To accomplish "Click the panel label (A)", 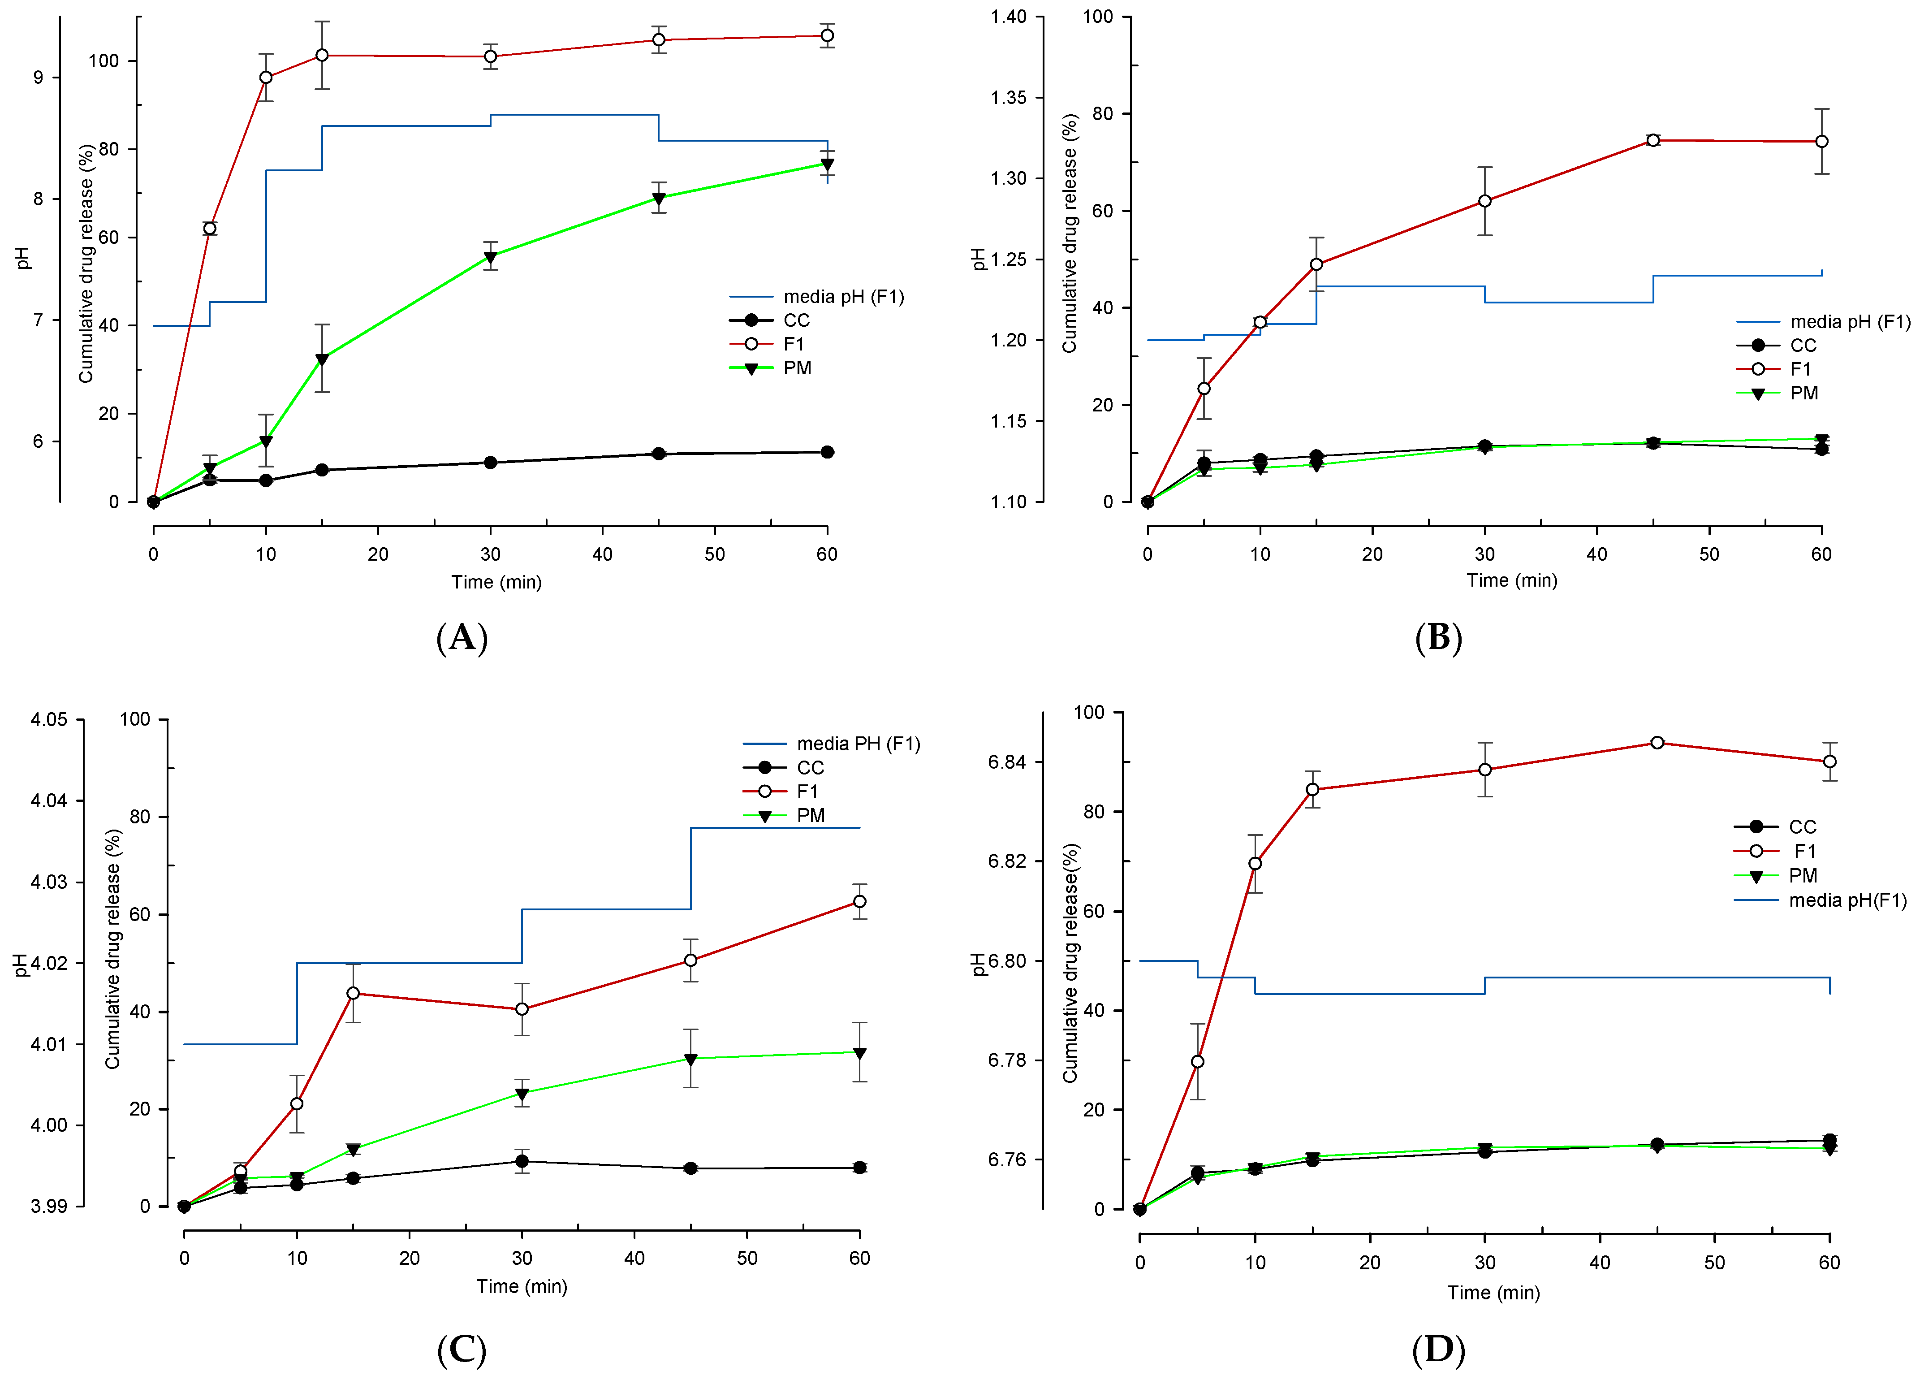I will (462, 637).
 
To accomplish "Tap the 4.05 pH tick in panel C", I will (49, 720).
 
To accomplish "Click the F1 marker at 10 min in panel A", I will (266, 78).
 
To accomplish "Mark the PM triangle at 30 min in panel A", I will (490, 257).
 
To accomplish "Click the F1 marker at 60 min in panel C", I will (859, 902).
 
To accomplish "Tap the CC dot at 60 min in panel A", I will (827, 452).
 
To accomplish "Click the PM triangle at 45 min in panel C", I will (691, 1059).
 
